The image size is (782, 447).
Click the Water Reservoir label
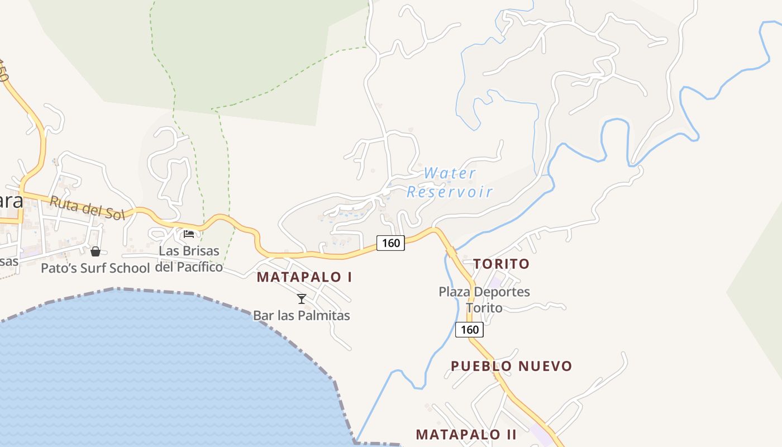pyautogui.click(x=450, y=183)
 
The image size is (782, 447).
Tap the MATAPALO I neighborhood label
pyautogui.click(x=304, y=277)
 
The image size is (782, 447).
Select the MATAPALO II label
pyautogui.click(x=466, y=434)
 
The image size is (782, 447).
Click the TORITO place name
pyautogui.click(x=501, y=264)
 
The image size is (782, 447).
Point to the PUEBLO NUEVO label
pyautogui.click(x=511, y=366)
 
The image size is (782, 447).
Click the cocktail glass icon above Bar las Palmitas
pyautogui.click(x=302, y=299)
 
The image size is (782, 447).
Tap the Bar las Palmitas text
pyautogui.click(x=302, y=316)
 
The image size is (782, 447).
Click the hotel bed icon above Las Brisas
pyautogui.click(x=189, y=234)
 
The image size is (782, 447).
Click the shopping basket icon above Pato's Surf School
pyautogui.click(x=96, y=251)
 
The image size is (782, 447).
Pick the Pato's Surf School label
pyautogui.click(x=95, y=268)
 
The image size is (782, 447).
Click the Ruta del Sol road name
pyautogui.click(x=87, y=208)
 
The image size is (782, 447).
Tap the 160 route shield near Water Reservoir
pyautogui.click(x=390, y=243)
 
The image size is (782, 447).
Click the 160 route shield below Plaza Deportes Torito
pyautogui.click(x=469, y=330)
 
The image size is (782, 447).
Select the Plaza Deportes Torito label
pyautogui.click(x=484, y=299)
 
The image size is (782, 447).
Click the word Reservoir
pyautogui.click(x=450, y=192)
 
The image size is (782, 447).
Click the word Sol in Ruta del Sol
pyautogui.click(x=113, y=213)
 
